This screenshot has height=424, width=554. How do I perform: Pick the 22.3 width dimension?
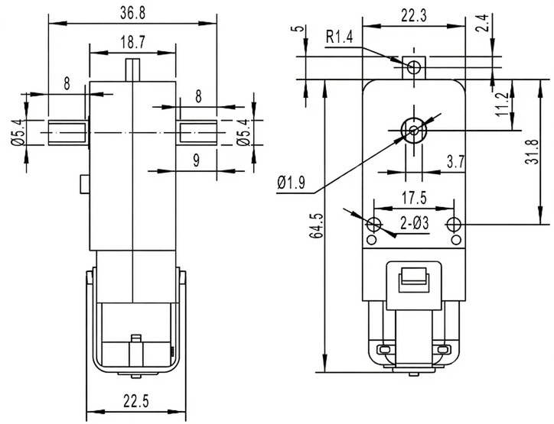tap(414, 14)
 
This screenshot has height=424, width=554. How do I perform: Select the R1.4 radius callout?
tap(340, 36)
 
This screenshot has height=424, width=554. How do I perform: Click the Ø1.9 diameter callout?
tap(291, 182)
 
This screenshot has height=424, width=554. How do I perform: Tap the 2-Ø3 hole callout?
tap(414, 225)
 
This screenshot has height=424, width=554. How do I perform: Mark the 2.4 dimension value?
tap(503, 26)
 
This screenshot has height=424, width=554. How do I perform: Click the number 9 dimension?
tap(197, 161)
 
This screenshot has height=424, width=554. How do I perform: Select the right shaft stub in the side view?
tap(197, 131)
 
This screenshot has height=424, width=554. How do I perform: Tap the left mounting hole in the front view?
tap(375, 225)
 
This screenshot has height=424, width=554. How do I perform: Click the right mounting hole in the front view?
tap(455, 225)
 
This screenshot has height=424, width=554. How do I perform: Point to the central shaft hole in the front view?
tap(414, 130)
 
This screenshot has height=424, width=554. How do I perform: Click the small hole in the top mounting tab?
tap(414, 66)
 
